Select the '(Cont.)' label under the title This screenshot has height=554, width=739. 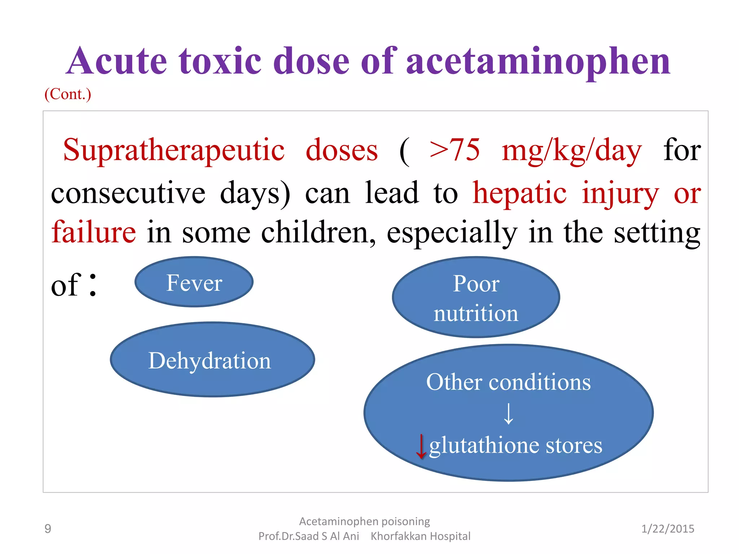click(x=68, y=94)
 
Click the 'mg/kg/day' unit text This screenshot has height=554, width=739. click(x=572, y=151)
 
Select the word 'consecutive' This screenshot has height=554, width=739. click(x=128, y=193)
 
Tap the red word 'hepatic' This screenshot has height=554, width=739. click(x=520, y=193)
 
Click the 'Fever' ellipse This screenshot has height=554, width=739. click(x=194, y=282)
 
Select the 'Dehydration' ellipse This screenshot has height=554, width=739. click(x=212, y=360)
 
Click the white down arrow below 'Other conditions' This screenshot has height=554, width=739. click(x=508, y=413)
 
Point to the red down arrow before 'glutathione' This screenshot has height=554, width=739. click(x=421, y=446)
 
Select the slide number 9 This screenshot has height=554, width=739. click(x=48, y=529)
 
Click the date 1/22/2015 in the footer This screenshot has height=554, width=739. click(x=668, y=529)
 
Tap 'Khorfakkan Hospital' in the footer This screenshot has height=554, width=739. click(x=420, y=536)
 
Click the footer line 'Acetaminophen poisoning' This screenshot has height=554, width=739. click(x=364, y=522)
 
